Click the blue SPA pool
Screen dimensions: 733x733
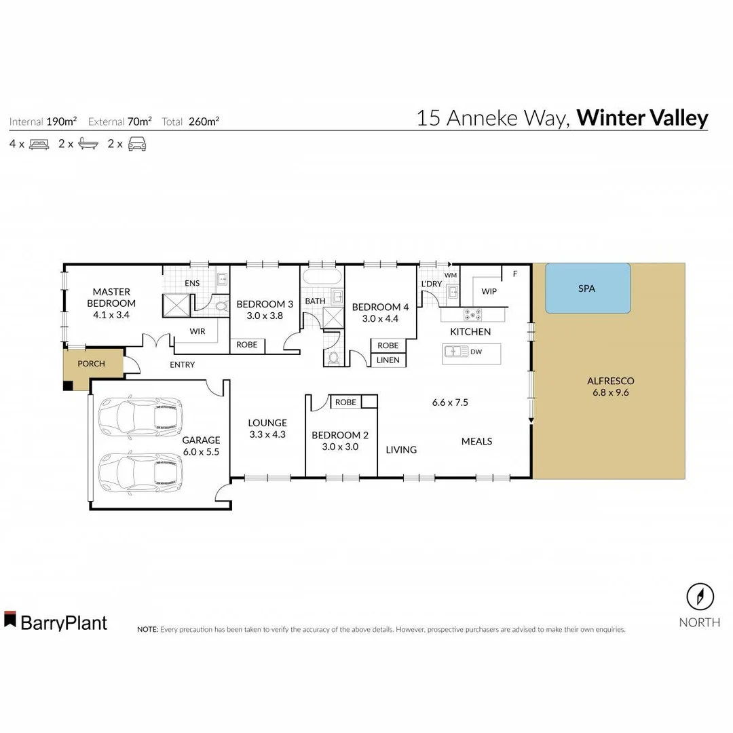click(x=588, y=288)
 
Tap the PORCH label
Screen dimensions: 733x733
click(x=91, y=364)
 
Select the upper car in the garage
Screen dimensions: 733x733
click(x=140, y=415)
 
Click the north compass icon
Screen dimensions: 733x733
click(x=700, y=597)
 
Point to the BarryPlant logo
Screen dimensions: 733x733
click(x=56, y=622)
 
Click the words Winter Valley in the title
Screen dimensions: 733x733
click(x=642, y=118)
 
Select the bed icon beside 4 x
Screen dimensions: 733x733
click(x=39, y=144)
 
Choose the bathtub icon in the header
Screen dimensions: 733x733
click(x=88, y=144)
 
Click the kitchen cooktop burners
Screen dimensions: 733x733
click(x=472, y=315)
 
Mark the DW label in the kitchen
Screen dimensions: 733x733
click(x=476, y=352)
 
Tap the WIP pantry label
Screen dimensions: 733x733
click(x=489, y=291)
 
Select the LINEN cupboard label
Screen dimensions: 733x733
click(x=388, y=360)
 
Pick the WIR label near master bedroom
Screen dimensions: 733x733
click(x=198, y=332)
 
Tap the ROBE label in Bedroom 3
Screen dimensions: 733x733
click(x=246, y=345)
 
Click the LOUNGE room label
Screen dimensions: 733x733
click(x=267, y=423)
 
